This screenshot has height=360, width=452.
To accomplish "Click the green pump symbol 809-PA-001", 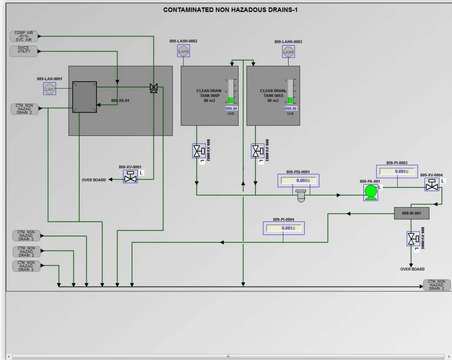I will click(370, 192).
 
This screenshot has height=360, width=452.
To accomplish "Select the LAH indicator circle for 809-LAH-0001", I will click(50, 89).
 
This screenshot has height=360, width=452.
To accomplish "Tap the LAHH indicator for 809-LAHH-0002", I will click(184, 51).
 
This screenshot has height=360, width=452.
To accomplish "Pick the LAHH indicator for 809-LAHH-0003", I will click(288, 52).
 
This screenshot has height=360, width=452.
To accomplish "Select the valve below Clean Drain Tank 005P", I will click(198, 151).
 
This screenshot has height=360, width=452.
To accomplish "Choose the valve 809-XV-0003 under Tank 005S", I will click(257, 151).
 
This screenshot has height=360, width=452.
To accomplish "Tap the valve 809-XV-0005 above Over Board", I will click(413, 239).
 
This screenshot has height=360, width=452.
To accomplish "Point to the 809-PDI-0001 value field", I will click(298, 181).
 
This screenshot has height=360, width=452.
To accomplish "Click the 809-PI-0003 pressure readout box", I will click(396, 172).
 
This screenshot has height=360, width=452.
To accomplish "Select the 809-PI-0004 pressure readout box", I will click(283, 228).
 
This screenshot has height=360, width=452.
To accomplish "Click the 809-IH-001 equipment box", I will click(411, 213).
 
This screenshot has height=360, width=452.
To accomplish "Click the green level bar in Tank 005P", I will click(231, 100).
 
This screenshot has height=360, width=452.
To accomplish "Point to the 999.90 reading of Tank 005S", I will click(290, 109).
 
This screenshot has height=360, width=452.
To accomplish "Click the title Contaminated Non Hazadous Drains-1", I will click(230, 10).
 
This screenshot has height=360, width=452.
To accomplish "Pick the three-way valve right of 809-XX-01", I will click(153, 87).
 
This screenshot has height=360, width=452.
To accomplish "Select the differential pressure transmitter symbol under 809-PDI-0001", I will click(300, 196).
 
